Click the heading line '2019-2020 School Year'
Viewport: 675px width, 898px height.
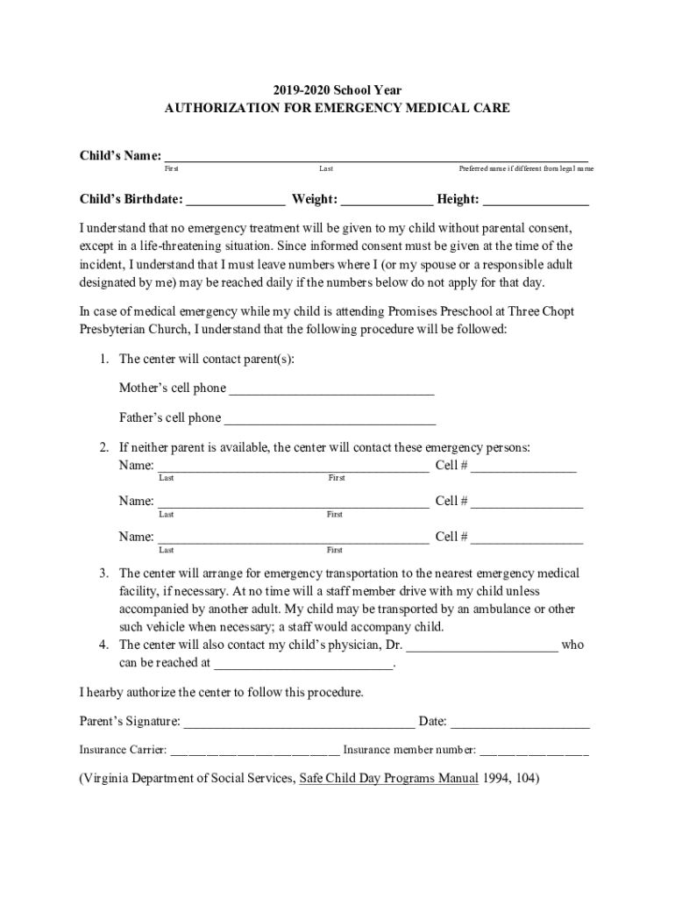point(337,89)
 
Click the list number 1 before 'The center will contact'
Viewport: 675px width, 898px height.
point(103,359)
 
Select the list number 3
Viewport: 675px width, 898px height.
point(103,574)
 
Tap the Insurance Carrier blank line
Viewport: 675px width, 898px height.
point(254,752)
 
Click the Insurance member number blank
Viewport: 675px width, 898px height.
point(534,752)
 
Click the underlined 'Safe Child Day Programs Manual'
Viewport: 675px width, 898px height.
point(388,778)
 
